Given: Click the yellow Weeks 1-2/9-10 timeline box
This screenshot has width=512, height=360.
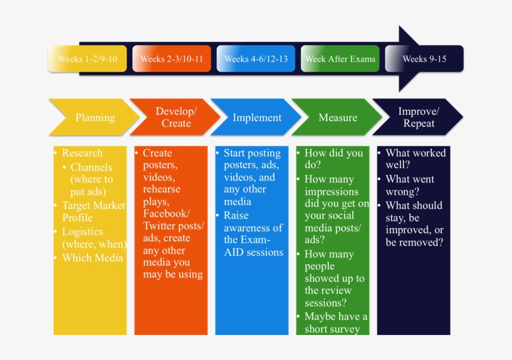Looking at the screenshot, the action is [87, 59].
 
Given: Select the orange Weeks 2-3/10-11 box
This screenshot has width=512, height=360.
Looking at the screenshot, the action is [172, 59].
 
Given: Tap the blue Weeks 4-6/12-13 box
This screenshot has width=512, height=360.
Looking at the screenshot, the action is [256, 59].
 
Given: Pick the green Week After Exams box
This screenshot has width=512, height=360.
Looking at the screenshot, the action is [340, 59].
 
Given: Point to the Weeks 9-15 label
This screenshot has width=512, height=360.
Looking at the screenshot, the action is [424, 59].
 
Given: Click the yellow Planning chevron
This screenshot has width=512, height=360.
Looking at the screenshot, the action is [94, 117].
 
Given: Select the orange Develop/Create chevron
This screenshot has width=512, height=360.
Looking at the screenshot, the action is [175, 117].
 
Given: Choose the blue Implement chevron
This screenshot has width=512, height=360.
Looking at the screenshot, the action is [257, 117].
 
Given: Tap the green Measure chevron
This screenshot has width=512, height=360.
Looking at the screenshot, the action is [337, 117].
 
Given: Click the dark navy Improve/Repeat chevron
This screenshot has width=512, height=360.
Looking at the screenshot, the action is [418, 117].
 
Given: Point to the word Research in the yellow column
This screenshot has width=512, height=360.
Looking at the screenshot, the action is [82, 152].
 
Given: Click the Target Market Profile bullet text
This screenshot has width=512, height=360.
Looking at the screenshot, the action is [94, 211].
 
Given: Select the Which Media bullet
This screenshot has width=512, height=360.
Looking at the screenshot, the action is [93, 257].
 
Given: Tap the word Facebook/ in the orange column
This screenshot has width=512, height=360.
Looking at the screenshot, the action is [166, 214].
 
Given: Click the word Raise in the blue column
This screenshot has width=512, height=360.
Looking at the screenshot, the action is [236, 215].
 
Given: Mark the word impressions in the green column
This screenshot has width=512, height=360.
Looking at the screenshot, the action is [332, 192].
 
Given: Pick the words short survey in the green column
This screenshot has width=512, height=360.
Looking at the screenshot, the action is [332, 329].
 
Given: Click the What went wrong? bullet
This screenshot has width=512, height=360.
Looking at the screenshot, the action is [410, 185].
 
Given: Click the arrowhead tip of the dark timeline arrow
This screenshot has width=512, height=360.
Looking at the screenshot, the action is [463, 59].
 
